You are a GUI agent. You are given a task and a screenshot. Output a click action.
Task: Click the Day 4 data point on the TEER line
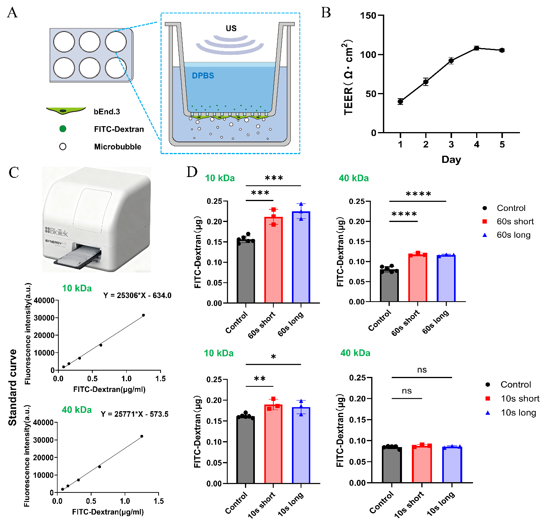coord(477,48)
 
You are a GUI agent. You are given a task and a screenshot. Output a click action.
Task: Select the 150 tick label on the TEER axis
coord(368,15)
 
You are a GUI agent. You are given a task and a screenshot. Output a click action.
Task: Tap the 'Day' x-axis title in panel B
coord(451,159)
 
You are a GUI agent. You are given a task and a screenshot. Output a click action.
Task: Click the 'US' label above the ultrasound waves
coord(231,28)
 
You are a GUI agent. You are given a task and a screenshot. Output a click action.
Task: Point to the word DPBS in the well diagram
coord(203,76)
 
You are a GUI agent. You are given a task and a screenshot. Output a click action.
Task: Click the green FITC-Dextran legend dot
coord(63,129)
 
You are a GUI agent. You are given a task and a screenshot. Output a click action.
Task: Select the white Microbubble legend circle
coord(63,147)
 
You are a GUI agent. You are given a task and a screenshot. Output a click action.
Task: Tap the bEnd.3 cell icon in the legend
coord(65,111)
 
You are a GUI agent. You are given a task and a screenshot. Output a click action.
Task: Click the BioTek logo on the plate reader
coord(56,231)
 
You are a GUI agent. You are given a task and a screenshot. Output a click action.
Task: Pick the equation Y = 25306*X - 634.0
coord(137,295)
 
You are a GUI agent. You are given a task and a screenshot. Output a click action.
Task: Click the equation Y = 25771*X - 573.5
coord(135,414)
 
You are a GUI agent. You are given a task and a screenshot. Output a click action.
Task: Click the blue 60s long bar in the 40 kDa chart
coord(446,278)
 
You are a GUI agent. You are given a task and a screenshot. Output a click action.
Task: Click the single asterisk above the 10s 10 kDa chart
coord(273,357)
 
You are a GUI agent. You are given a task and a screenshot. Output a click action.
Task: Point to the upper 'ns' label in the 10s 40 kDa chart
coord(422,370)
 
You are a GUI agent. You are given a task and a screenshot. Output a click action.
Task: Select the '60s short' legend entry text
coord(515,222)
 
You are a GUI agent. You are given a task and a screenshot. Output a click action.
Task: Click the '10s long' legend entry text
coord(518,413)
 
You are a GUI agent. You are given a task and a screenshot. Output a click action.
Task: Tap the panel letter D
coord(192,172)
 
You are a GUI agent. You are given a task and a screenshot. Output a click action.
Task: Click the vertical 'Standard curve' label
coord(13,387)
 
